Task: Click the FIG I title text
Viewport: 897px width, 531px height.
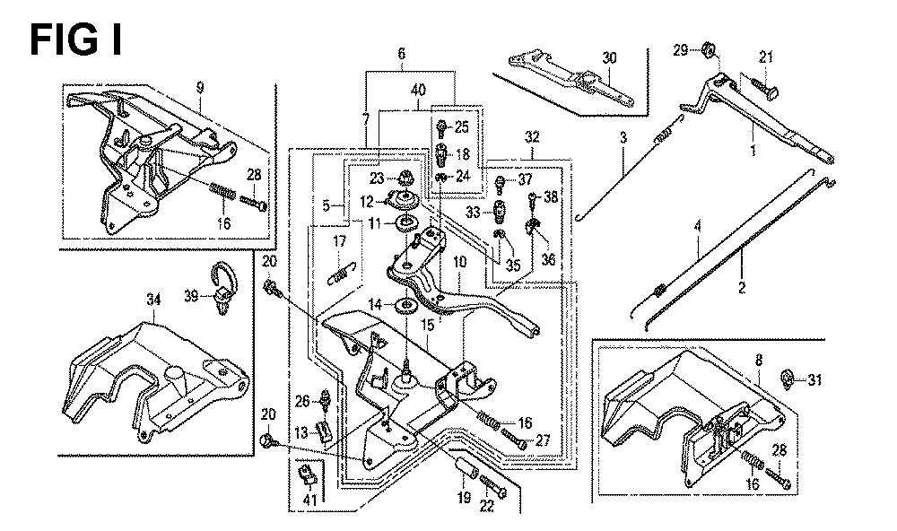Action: point(76,40)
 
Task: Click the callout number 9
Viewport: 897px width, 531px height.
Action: point(199,87)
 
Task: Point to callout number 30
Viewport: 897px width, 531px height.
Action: point(609,57)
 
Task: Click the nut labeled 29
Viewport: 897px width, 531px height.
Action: point(707,48)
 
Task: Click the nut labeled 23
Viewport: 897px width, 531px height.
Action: point(405,176)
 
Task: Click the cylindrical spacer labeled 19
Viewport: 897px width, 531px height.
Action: point(463,469)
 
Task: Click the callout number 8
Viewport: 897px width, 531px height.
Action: point(759,361)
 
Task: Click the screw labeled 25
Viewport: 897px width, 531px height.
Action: point(442,126)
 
